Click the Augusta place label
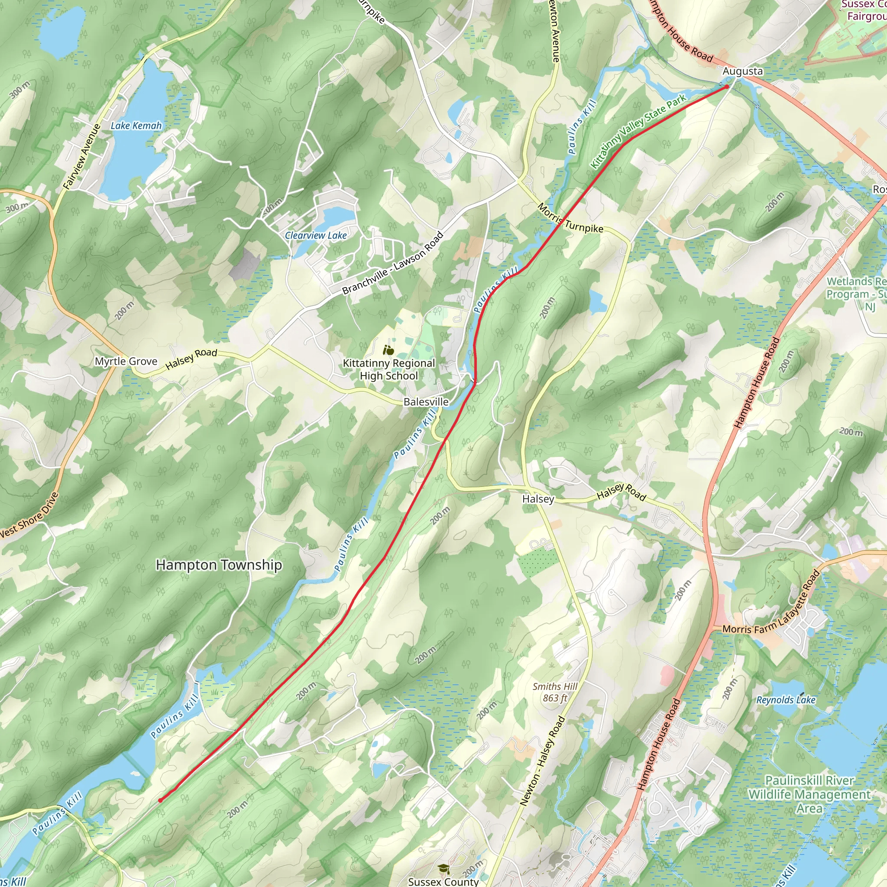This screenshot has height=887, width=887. (x=742, y=71)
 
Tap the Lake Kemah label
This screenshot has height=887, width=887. (x=136, y=125)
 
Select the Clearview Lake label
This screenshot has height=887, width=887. (x=315, y=236)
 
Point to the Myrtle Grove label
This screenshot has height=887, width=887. (x=126, y=361)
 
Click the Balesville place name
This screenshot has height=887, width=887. (x=426, y=402)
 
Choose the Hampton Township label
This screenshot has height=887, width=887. (x=219, y=565)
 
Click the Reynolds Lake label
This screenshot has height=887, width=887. (x=786, y=700)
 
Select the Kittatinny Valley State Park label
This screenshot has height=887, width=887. (x=638, y=131)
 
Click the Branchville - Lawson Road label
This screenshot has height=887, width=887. (x=393, y=263)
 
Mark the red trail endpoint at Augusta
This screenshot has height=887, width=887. (x=727, y=86)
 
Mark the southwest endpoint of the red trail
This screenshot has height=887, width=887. (x=160, y=801)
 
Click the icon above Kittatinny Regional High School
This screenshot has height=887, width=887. (x=388, y=350)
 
